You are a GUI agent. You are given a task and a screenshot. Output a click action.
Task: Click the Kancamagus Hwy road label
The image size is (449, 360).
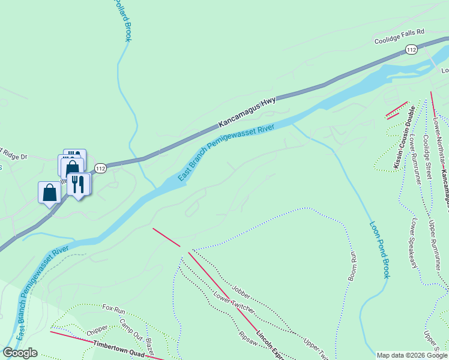pyautogui.click(x=247, y=112)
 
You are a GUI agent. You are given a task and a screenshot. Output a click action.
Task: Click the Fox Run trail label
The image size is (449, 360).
pyautogui.click(x=113, y=310)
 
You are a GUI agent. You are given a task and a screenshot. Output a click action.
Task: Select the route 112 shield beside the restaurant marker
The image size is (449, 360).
pyautogui.click(x=100, y=169)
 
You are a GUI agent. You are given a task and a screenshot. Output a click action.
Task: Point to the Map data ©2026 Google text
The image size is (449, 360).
pyautogui.click(x=412, y=355)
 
